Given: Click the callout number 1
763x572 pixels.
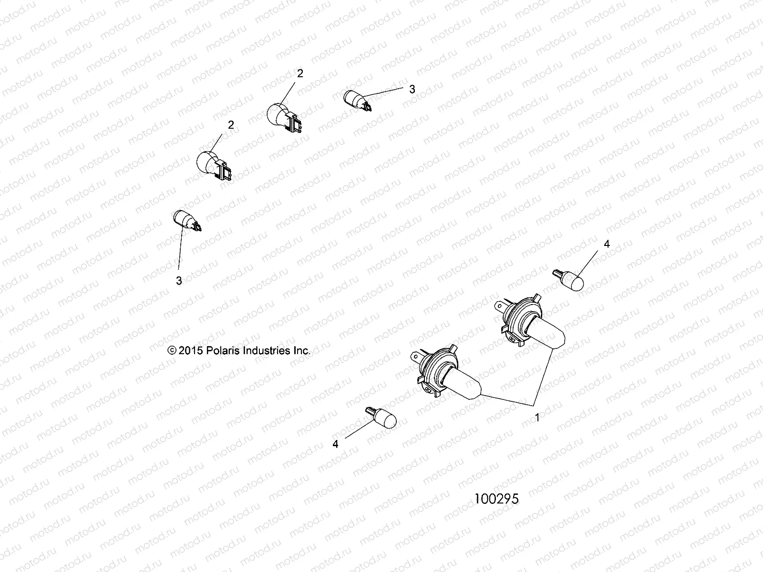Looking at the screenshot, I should (537, 418).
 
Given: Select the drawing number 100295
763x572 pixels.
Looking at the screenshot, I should (496, 499).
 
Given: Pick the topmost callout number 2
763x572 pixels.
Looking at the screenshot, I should (300, 73).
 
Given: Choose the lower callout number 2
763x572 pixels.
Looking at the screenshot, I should (231, 125).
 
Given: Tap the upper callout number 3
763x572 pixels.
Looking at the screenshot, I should (412, 89).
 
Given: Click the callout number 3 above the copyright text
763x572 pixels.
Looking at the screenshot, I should (179, 281).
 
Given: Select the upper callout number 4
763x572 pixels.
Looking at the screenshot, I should (607, 244).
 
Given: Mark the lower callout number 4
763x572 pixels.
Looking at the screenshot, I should (335, 444).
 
